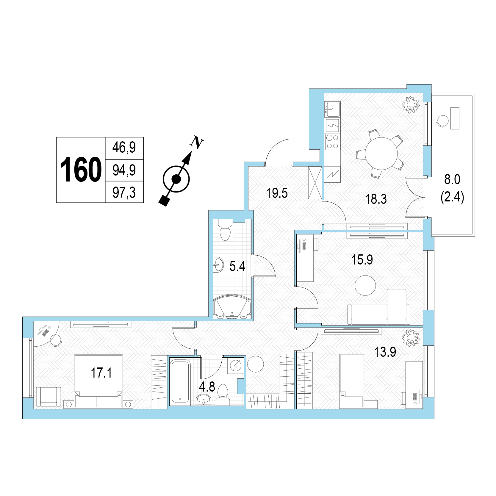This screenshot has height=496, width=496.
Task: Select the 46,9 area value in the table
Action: click(124, 147)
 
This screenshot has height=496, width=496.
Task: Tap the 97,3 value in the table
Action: click(124, 193)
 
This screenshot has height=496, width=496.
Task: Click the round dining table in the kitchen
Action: click(381, 154)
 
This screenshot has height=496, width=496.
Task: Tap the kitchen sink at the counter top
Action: click(332, 109)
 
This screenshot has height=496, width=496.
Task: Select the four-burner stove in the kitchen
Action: click(332, 142)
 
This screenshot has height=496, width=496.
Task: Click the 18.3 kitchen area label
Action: click(376, 199)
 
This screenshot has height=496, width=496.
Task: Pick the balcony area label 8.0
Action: click(452, 180)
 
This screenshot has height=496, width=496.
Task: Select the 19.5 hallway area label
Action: click(277, 193)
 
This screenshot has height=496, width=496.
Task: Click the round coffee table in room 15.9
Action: click(365, 285)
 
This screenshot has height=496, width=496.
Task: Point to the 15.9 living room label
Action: click(362, 260)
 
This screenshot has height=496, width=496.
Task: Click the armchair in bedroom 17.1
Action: click(48, 397)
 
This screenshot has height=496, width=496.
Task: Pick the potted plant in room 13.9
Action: click(411, 338)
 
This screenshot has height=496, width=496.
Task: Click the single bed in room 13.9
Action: click(352, 381)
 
